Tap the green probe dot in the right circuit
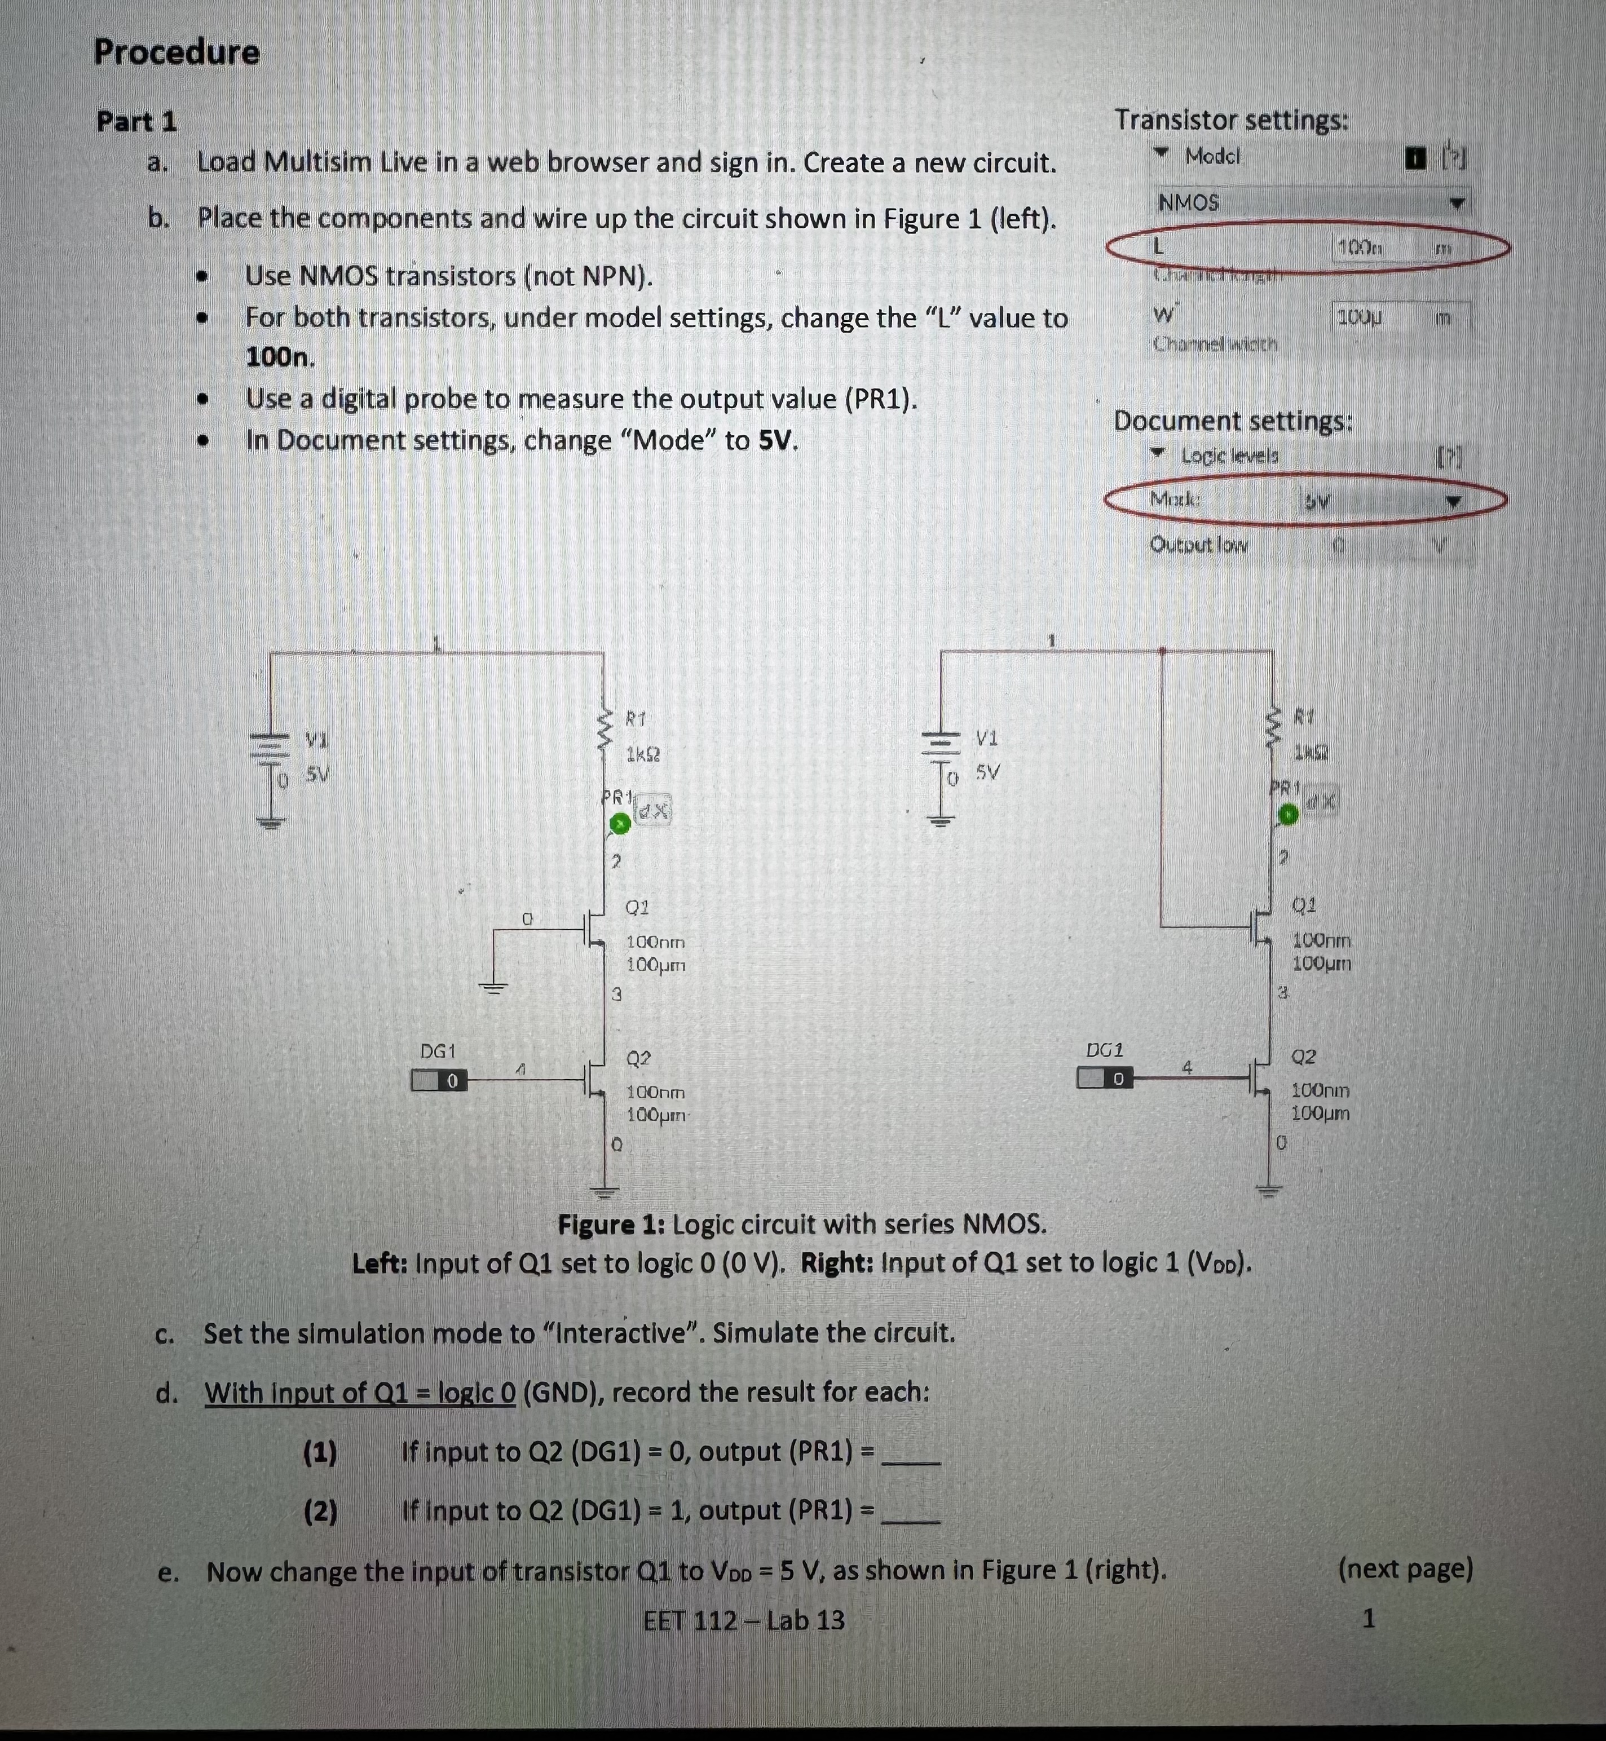click(x=1288, y=815)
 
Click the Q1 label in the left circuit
click(x=637, y=907)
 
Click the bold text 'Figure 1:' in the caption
click(x=610, y=1225)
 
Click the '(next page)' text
click(x=1405, y=1569)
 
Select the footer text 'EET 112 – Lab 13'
click(x=744, y=1620)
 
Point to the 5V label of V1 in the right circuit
click(x=987, y=771)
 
